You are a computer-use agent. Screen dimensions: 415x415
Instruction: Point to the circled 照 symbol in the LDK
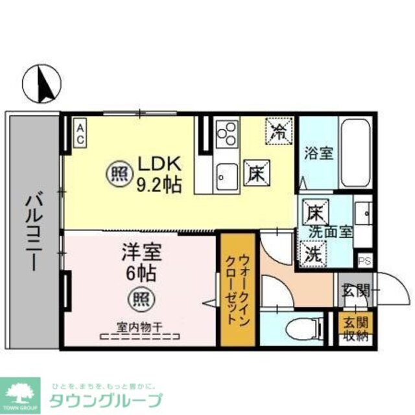pyautogui.click(x=117, y=173)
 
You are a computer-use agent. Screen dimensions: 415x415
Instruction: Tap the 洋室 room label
pyautogui.click(x=141, y=252)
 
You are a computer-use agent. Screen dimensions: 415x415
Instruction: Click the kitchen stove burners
pyautogui.click(x=226, y=136)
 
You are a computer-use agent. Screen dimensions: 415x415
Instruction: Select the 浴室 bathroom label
pyautogui.click(x=318, y=154)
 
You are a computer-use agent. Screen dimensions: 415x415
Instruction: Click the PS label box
pyautogui.click(x=364, y=261)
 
